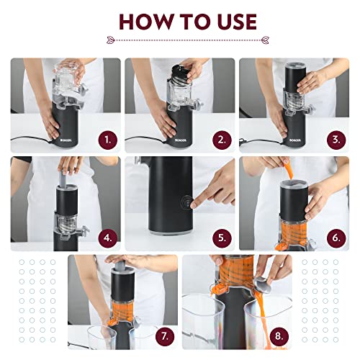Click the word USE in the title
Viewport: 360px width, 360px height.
pos(230,21)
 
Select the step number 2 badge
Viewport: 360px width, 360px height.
pos(221,139)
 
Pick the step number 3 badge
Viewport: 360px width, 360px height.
pos(336,139)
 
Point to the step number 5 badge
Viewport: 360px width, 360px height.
pos(221,236)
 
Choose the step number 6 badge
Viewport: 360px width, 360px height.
pos(336,236)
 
